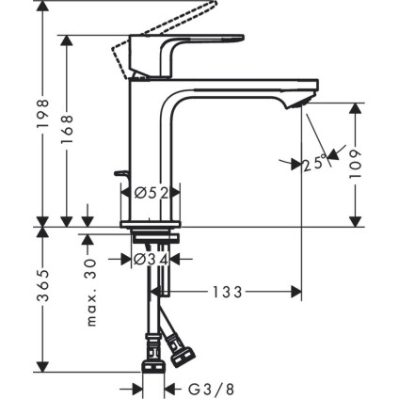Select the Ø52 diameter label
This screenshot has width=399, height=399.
(151, 193)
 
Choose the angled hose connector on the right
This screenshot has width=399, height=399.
(184, 356)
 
